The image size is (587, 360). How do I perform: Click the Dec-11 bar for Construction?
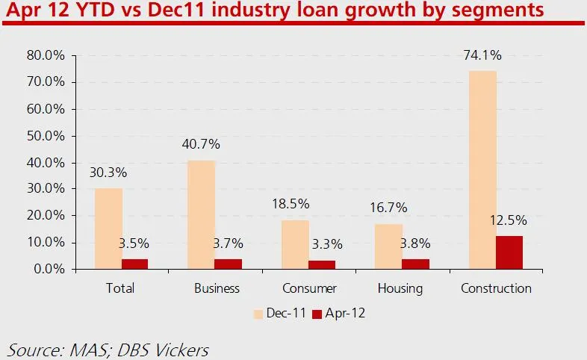482,170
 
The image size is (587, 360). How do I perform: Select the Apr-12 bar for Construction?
509,252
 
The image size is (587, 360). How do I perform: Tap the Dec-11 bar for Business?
202,214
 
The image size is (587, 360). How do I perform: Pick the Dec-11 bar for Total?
108,229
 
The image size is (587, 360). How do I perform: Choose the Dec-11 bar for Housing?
388,246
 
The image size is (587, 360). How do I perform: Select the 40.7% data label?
202,145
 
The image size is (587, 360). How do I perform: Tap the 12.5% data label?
509,220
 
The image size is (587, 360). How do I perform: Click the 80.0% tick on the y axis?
47,55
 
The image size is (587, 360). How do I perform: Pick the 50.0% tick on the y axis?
47,135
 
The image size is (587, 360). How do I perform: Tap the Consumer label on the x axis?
309,288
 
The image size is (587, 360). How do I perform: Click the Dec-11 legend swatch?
260,314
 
